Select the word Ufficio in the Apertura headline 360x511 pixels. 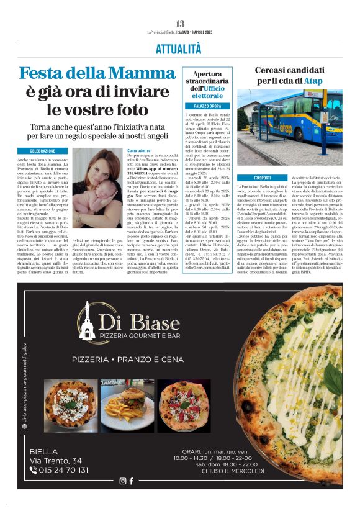[x=211, y=89]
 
